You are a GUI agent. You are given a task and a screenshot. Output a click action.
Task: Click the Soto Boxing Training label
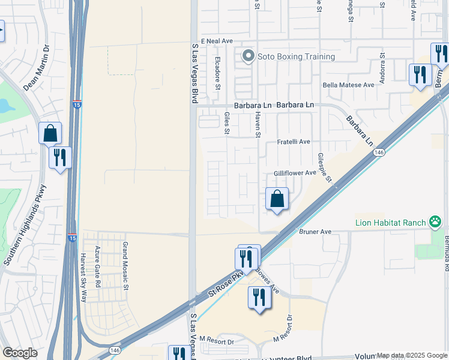click(x=296, y=57)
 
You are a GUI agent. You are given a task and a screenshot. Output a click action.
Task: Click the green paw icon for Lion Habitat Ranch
click(x=435, y=222)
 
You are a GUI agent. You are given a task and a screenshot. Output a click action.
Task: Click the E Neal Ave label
click(x=216, y=41)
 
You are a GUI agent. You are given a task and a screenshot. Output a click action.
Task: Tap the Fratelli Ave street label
click(x=294, y=142)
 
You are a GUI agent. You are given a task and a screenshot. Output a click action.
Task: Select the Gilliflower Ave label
click(x=295, y=173)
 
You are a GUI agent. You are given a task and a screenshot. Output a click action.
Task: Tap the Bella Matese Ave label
click(x=348, y=85)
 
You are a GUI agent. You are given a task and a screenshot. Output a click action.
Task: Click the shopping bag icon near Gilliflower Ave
click(x=277, y=199)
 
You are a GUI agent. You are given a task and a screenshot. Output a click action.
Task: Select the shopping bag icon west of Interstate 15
click(x=50, y=133)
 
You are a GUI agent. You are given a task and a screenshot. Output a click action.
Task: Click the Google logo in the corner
click(x=20, y=353)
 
